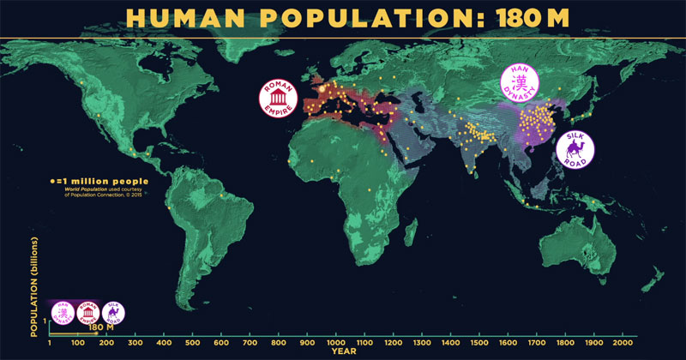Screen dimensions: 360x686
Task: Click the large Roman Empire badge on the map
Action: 281,99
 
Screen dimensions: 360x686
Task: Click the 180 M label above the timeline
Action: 101,327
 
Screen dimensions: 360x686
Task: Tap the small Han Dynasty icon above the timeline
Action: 63,311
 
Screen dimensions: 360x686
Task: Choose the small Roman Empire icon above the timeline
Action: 87,311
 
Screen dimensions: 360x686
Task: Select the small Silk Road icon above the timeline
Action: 112,312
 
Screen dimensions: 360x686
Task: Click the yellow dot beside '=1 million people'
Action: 51,181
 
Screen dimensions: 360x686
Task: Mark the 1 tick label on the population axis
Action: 44,321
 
